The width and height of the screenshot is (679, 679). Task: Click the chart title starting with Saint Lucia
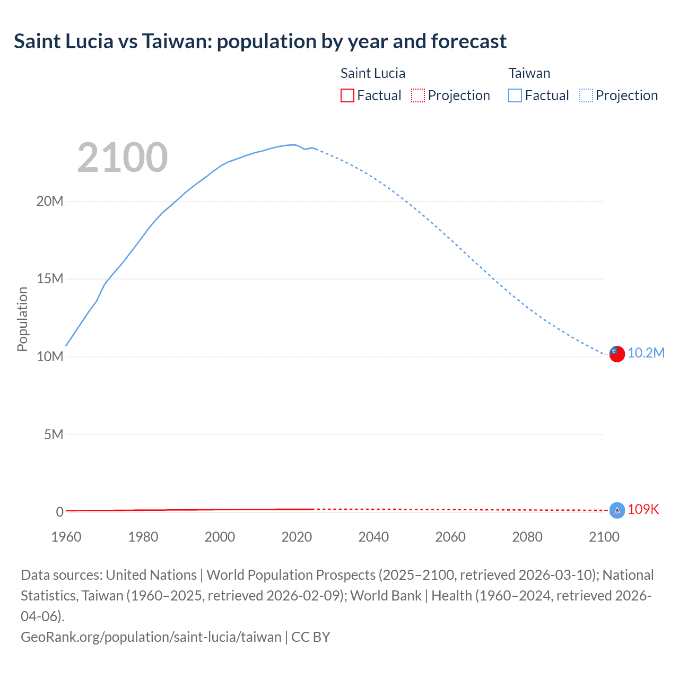click(260, 41)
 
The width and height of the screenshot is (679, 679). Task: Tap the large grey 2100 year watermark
click(123, 158)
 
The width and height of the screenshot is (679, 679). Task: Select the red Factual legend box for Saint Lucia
click(347, 95)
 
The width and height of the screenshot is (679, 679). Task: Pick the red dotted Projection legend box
click(418, 95)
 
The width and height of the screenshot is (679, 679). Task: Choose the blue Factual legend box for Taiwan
click(515, 95)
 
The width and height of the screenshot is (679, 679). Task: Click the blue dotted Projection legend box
click(586, 95)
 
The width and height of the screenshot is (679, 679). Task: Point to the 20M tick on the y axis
click(50, 201)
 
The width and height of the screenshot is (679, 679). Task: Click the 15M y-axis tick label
click(50, 279)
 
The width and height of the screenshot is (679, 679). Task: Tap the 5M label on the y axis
click(53, 434)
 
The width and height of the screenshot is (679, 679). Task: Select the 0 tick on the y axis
click(59, 512)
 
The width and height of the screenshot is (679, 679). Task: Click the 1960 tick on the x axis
click(66, 537)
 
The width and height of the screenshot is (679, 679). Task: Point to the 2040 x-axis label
click(373, 537)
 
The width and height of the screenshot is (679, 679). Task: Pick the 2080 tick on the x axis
click(527, 537)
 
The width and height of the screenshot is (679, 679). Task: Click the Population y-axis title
click(22, 319)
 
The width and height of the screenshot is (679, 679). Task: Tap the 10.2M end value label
click(646, 353)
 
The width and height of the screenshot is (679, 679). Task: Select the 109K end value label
click(643, 510)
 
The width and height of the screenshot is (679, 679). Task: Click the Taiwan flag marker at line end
click(617, 354)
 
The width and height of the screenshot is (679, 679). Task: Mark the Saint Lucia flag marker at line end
click(617, 510)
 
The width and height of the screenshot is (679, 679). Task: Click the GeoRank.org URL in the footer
click(151, 637)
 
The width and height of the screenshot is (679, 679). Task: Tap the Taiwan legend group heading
click(529, 73)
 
